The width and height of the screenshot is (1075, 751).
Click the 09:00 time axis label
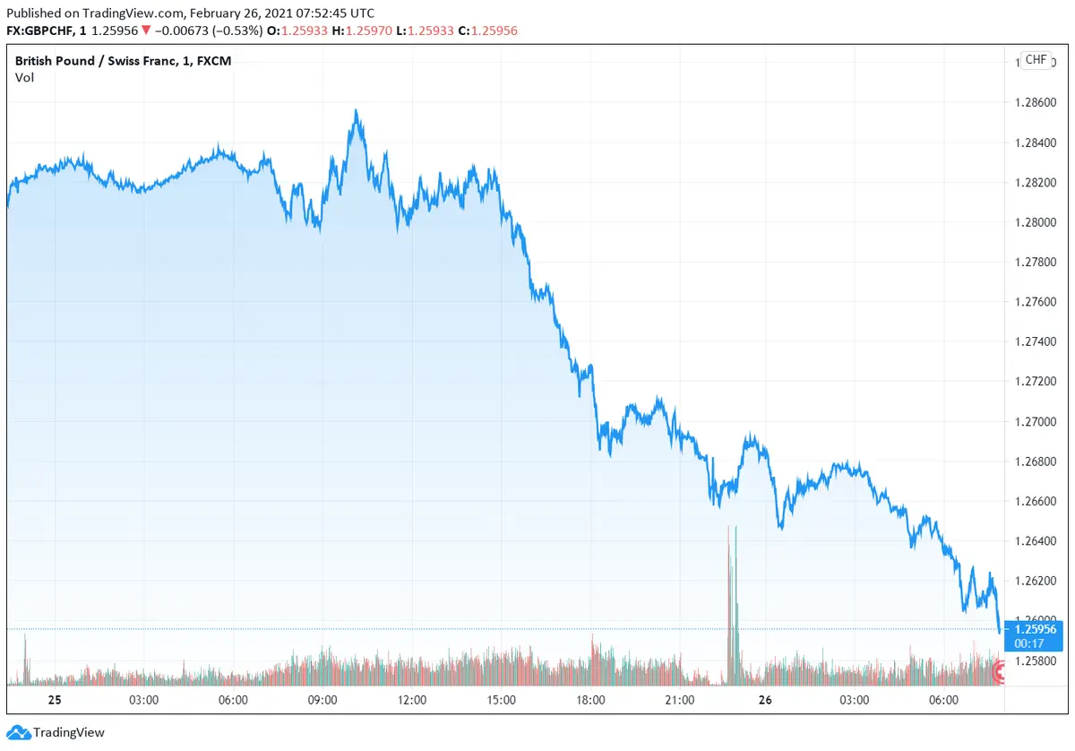pos(322,700)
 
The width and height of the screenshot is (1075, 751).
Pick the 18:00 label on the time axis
pos(590,700)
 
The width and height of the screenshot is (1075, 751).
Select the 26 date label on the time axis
pos(767,700)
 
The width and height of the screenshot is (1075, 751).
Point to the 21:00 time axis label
pos(680,700)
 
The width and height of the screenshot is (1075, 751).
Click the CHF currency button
pos(1036,60)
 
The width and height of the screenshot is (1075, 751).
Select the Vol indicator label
pos(24,77)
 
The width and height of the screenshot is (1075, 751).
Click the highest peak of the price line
pos(356,111)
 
